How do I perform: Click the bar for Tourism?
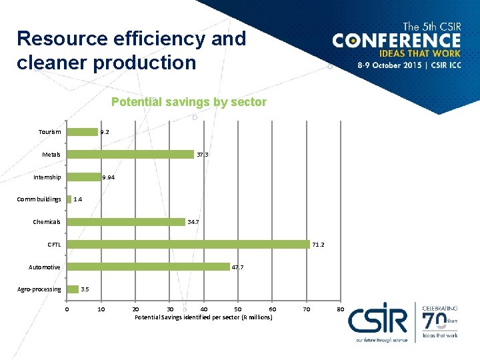(82, 132)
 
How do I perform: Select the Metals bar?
(130, 154)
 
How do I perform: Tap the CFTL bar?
(188, 245)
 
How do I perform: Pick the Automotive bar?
(148, 267)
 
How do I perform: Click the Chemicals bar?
(125, 222)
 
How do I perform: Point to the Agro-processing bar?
(72, 289)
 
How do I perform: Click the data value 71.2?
(318, 245)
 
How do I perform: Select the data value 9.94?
(108, 177)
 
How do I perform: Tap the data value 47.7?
(237, 267)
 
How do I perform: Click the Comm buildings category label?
(39, 199)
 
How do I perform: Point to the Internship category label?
(47, 177)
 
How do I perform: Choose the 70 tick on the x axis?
(306, 309)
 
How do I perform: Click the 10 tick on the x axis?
(101, 309)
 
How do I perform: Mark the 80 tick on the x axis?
(340, 309)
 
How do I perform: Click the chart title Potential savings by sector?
(189, 102)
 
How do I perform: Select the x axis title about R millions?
(203, 317)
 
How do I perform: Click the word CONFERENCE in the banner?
(396, 40)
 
